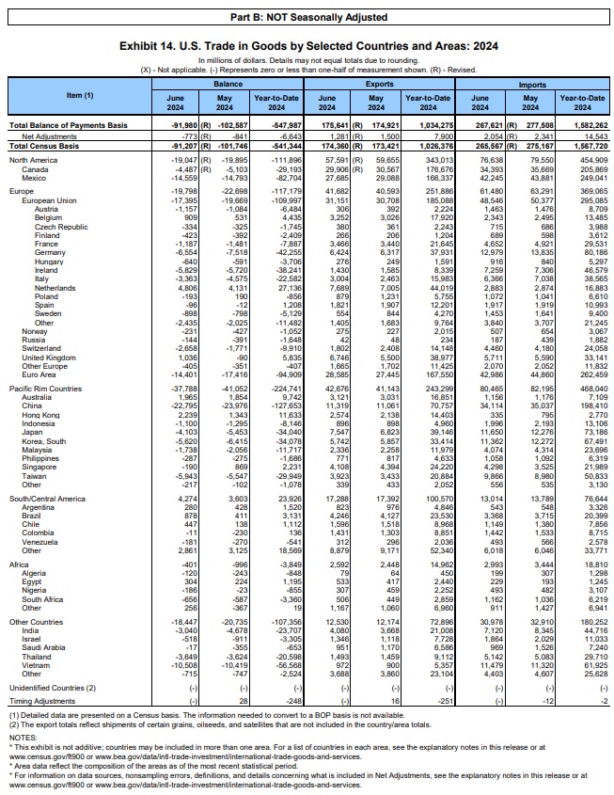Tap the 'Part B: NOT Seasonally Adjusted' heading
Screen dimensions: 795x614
(307, 18)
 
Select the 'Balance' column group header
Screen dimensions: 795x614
(229, 84)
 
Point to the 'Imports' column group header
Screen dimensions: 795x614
(532, 84)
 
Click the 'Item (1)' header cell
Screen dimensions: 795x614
(80, 95)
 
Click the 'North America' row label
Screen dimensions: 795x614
(35, 161)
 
